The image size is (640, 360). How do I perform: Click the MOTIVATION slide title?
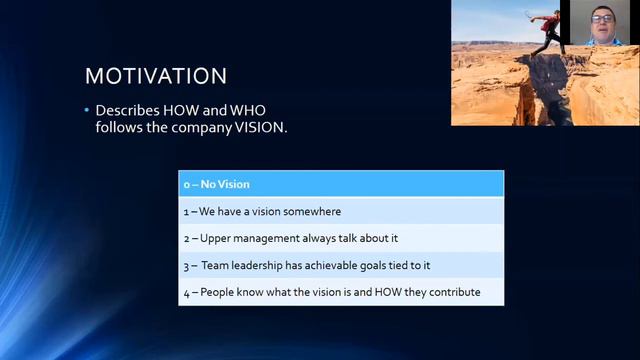pyautogui.click(x=156, y=76)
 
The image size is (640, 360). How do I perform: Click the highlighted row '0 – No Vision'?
pyautogui.click(x=341, y=184)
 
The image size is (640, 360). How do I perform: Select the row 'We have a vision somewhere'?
pyautogui.click(x=341, y=211)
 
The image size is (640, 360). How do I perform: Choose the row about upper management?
pyautogui.click(x=341, y=238)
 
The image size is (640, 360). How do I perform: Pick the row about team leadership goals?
pyautogui.click(x=341, y=265)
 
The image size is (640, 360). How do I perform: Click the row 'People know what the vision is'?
pyautogui.click(x=341, y=292)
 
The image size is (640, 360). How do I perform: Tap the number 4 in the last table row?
pyautogui.click(x=186, y=292)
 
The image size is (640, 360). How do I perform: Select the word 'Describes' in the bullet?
pyautogui.click(x=125, y=109)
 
